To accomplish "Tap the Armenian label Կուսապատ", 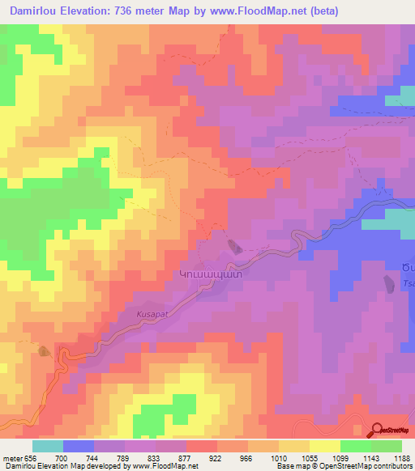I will point(211,274).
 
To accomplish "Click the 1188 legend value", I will point(400,458).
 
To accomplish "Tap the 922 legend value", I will point(216,458).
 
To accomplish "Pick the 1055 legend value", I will point(308,458).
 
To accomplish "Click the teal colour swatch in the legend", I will point(48,446).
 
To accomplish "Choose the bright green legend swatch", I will point(356,446).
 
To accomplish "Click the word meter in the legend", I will point(11,458).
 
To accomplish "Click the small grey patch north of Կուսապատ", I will point(233,246).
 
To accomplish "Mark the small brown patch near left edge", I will point(43,350).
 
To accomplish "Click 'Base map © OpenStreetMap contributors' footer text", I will point(343,467).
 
